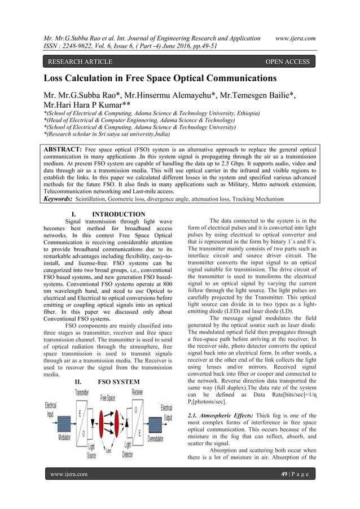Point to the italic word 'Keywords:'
[59, 199]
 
